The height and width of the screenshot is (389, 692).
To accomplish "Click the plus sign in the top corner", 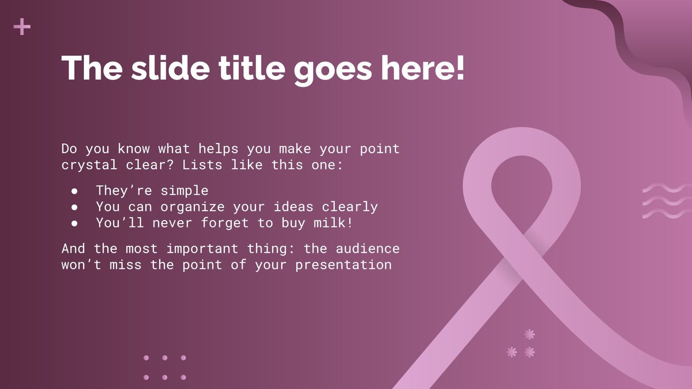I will click(22, 28).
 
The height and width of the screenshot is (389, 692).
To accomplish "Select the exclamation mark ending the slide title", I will click(459, 68).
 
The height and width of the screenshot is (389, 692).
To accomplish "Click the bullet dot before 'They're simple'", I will click(75, 191).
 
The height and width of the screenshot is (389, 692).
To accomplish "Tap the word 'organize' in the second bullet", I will click(192, 207).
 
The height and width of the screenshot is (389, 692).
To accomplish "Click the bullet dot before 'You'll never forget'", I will click(75, 223).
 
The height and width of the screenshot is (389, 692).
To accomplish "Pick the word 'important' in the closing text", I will click(202, 249).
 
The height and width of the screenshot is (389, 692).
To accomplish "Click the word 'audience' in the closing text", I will click(368, 249).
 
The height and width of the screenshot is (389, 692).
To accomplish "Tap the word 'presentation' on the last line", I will click(343, 265).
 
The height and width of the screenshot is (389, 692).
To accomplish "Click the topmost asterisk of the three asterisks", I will click(529, 334).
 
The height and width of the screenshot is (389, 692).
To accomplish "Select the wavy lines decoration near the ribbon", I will click(666, 201).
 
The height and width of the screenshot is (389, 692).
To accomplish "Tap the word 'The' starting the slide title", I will click(92, 68).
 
